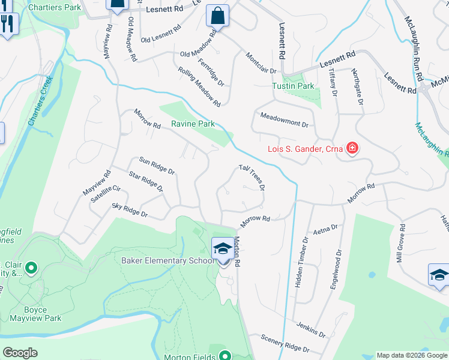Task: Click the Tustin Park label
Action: tap(293, 86)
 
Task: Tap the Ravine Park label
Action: tap(193, 124)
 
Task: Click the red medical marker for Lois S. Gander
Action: tap(351, 148)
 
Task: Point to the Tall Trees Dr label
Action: tap(252, 178)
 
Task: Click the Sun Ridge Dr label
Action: tap(157, 165)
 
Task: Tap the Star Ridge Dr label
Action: tap(146, 181)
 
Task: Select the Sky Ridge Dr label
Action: tap(130, 209)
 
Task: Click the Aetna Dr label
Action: tap(326, 230)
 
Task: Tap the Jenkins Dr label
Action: tap(310, 329)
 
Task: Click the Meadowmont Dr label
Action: tap(284, 119)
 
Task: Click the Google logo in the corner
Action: tap(20, 353)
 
